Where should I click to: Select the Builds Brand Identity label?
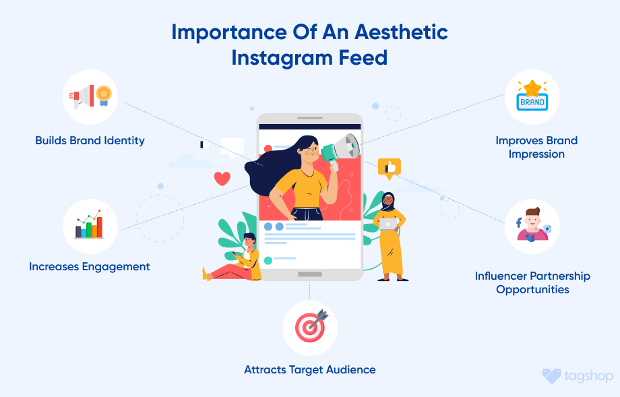tap(90, 141)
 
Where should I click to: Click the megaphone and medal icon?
tap(90, 97)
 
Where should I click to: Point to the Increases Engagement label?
tap(90, 266)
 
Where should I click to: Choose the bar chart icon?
tap(90, 226)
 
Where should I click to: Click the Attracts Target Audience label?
tap(310, 369)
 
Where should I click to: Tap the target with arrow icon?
tap(310, 328)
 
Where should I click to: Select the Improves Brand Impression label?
tap(536, 147)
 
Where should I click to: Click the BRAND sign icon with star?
tap(532, 97)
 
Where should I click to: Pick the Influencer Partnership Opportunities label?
tap(532, 282)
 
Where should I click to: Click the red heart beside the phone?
tap(222, 179)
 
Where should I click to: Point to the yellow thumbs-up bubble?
tap(390, 166)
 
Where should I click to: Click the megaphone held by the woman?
tap(342, 148)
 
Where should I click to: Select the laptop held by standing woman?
tap(389, 223)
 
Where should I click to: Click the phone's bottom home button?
tap(309, 274)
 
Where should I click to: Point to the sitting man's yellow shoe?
tap(206, 274)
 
